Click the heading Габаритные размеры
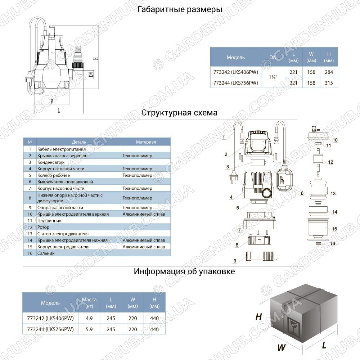pyautogui.click(x=180, y=10)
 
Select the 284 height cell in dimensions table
pyautogui.click(x=329, y=72)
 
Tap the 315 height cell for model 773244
pyautogui.click(x=329, y=83)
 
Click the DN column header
pyautogui.click(x=273, y=57)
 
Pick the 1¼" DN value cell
pyautogui.click(x=273, y=77)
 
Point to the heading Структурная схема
pyautogui.click(x=179, y=113)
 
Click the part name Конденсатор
pyautogui.click(x=50, y=162)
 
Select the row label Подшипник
pyautogui.click(x=49, y=221)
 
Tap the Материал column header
pyautogui.click(x=146, y=142)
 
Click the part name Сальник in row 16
pyautogui.click(x=46, y=253)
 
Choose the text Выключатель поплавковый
pyautogui.click(x=65, y=182)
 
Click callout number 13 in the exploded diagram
pyautogui.click(x=333, y=194)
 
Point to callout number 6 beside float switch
pyautogui.click(x=302, y=193)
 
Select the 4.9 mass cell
pyautogui.click(x=89, y=318)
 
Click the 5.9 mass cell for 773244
pyautogui.click(x=89, y=329)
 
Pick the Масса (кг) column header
pyautogui.click(x=89, y=303)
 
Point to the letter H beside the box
pyautogui.click(x=259, y=317)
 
